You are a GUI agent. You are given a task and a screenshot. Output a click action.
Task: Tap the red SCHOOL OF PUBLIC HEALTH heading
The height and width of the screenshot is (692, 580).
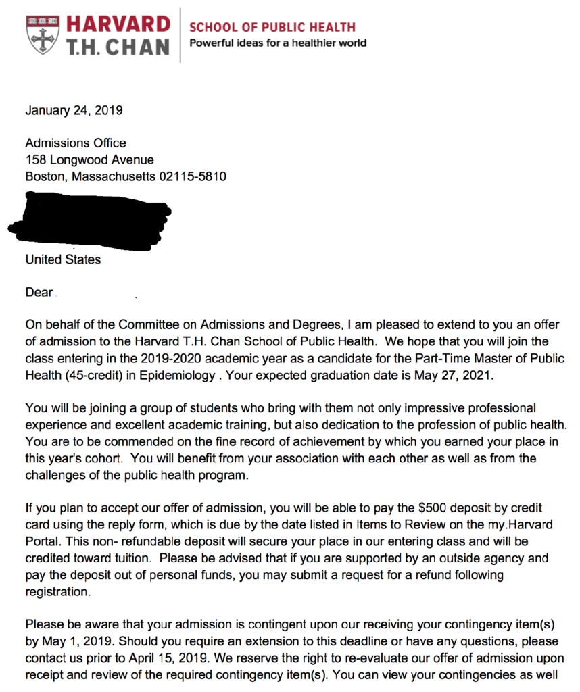point(272,27)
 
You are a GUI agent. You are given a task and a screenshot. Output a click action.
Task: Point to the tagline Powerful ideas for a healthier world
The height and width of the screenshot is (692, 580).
point(278,43)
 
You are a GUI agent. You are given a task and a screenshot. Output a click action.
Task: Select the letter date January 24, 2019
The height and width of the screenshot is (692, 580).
point(74,110)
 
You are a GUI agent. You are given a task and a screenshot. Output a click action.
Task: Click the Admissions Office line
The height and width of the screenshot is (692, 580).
point(76,143)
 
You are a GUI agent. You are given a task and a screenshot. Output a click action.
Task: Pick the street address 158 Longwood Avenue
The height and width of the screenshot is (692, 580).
point(89,160)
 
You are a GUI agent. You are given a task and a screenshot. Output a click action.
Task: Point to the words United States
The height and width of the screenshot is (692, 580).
point(63,259)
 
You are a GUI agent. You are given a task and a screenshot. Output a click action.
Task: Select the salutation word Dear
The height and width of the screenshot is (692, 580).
point(39,293)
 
